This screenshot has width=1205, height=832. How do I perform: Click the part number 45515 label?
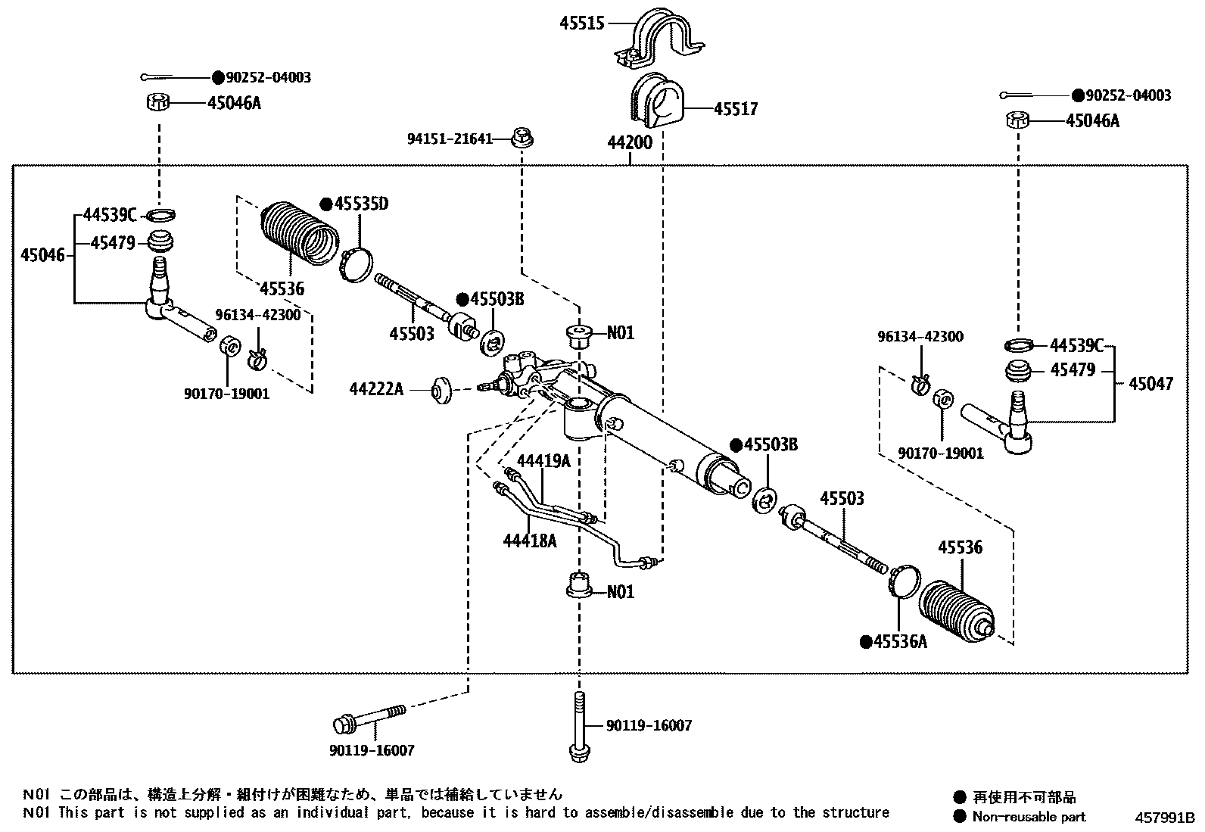(x=582, y=23)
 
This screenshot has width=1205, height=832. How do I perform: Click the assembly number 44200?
(x=629, y=142)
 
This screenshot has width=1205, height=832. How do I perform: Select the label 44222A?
(x=376, y=389)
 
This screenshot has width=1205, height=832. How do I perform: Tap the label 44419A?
(x=543, y=461)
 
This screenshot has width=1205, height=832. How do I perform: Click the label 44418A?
(x=530, y=541)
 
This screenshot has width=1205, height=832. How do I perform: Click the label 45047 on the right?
(x=1151, y=384)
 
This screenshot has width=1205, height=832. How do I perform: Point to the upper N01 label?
(x=621, y=333)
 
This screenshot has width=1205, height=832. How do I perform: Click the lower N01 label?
(x=621, y=591)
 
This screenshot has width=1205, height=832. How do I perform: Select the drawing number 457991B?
(x=1163, y=818)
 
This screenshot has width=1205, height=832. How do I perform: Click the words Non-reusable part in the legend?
(x=1029, y=817)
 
